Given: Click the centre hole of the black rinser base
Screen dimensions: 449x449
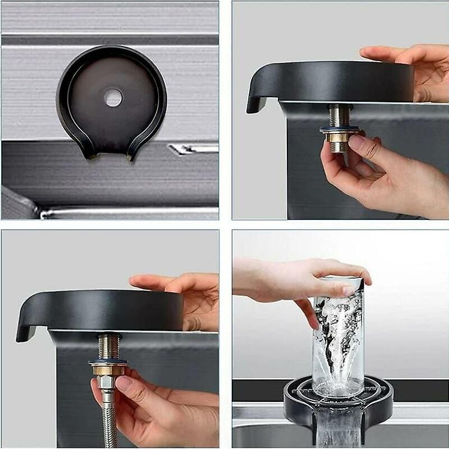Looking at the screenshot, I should (x=113, y=98).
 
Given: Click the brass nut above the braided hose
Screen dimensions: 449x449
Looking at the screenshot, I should (x=105, y=370).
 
